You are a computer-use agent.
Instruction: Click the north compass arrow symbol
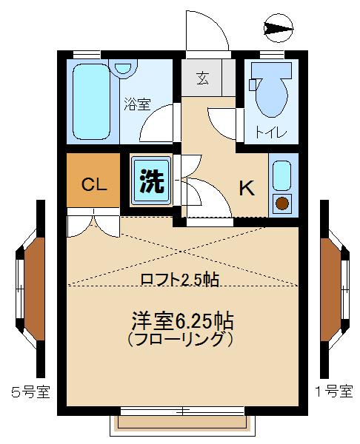[x=278, y=29]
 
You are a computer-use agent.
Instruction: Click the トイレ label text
[x=267, y=133]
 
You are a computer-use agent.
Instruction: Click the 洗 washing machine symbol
[x=151, y=182]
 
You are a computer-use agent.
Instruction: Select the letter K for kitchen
[x=246, y=188]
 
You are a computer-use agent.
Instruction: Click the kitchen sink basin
[x=282, y=176]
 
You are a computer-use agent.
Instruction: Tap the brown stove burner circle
[x=282, y=203]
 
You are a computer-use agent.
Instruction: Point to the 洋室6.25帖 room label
[x=182, y=321]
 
